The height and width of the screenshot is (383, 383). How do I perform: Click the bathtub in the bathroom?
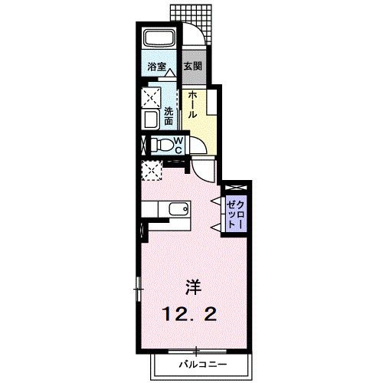click(159, 38)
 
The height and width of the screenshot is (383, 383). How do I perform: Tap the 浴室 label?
click(157, 67)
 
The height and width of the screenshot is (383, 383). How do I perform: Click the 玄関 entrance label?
click(193, 67)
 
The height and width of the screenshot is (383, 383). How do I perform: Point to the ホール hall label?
click(192, 105)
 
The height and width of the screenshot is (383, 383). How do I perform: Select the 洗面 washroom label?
click(169, 116)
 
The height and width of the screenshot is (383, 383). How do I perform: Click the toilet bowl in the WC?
click(162, 146)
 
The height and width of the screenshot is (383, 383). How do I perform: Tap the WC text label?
click(178, 146)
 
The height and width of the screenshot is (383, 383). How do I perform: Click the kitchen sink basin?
click(178, 209)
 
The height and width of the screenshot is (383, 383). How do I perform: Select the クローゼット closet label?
click(236, 214)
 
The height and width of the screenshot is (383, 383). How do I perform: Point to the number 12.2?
click(189, 314)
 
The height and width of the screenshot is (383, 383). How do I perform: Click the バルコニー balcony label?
click(202, 364)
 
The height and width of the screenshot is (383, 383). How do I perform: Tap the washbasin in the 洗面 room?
click(152, 119)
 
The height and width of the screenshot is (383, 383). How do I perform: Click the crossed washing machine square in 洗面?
click(151, 97)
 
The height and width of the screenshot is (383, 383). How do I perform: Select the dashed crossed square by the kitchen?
click(152, 171)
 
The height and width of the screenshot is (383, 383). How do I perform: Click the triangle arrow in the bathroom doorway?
click(169, 73)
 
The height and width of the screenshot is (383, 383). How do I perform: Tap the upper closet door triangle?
click(216, 201)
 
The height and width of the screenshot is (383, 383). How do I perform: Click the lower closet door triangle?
click(216, 227)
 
